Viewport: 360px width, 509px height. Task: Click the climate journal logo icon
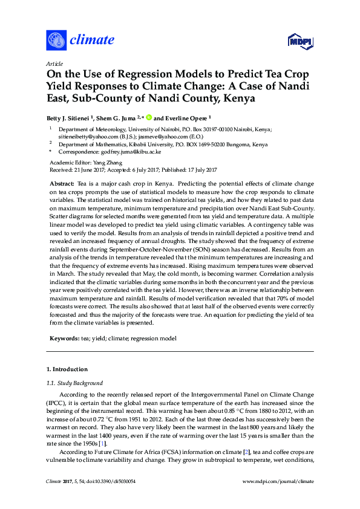pyautogui.click(x=56, y=41)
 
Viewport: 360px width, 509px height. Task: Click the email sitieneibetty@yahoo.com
pyautogui.click(x=83, y=137)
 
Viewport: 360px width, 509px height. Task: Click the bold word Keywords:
pyautogui.click(x=64, y=339)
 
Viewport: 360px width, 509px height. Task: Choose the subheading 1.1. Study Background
pyautogui.click(x=74, y=383)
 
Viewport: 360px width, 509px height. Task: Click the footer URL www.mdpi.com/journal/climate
pyautogui.click(x=278, y=498)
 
